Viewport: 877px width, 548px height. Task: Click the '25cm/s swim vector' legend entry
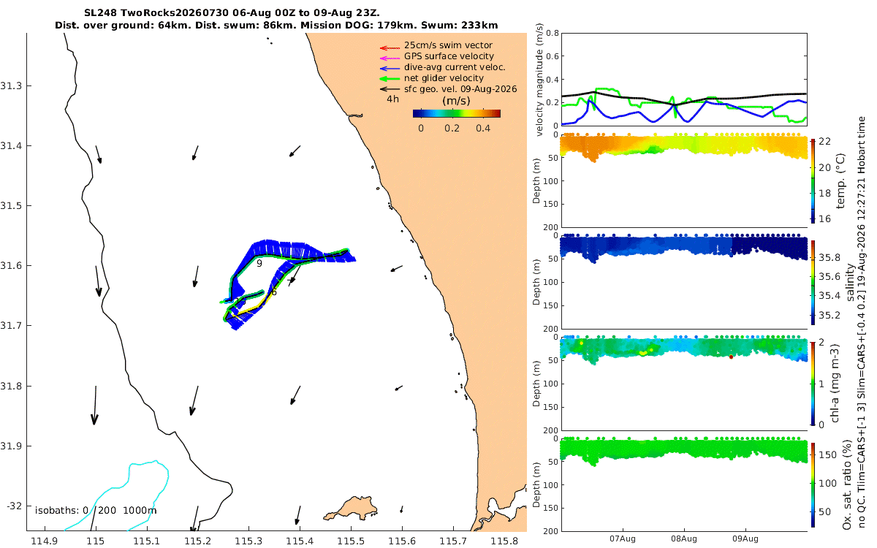(x=448, y=45)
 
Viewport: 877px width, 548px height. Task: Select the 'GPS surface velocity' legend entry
(x=449, y=56)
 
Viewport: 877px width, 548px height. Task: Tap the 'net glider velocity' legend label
(x=444, y=78)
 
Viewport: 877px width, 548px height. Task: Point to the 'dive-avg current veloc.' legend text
(x=455, y=67)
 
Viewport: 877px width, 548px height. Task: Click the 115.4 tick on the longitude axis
(x=300, y=541)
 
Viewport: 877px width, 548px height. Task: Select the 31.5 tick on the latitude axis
(x=10, y=206)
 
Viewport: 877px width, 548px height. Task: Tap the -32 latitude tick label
(x=14, y=506)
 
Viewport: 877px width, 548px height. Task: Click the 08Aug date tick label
(x=684, y=539)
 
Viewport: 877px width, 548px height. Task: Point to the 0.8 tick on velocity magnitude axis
(x=553, y=34)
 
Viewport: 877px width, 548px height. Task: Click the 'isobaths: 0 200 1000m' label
(x=96, y=511)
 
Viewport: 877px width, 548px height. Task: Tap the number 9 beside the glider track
(x=259, y=264)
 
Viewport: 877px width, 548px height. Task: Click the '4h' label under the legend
(x=392, y=99)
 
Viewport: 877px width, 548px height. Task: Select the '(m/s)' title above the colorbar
(x=456, y=101)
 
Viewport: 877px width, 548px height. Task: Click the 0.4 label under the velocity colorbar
(x=483, y=129)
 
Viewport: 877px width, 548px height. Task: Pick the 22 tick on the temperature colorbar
(x=824, y=142)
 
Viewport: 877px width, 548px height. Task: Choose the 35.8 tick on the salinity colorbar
(x=829, y=257)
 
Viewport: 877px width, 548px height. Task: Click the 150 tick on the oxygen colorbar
(x=827, y=455)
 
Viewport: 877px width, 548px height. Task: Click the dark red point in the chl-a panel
(x=731, y=357)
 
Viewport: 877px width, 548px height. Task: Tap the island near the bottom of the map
(x=350, y=509)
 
